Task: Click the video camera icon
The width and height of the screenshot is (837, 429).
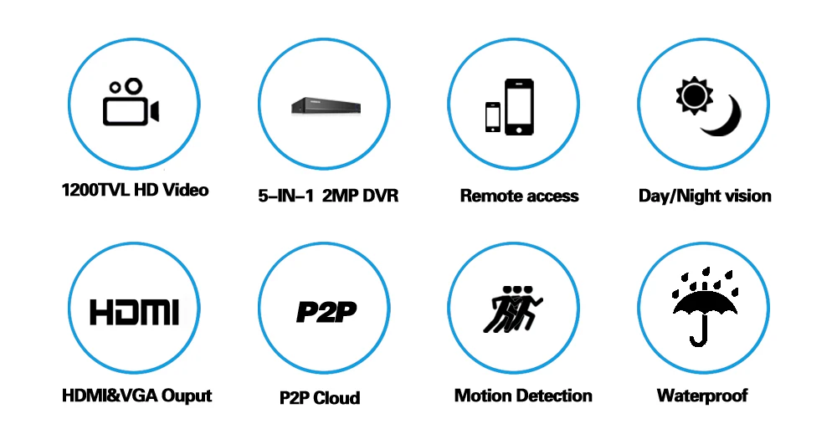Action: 131,103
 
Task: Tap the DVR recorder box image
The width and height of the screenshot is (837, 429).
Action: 326,105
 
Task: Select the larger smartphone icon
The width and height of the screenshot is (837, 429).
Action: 519,107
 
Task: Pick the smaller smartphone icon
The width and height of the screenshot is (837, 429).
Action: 493,117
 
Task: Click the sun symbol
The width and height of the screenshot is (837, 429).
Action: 694,95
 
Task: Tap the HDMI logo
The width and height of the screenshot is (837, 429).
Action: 134,312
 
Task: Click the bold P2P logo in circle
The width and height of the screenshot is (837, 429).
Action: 326,312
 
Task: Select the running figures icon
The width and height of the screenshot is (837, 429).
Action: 512,309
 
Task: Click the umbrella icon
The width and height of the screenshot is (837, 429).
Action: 705,307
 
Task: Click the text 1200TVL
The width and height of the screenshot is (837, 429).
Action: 95,190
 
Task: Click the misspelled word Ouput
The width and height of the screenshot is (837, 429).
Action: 187,396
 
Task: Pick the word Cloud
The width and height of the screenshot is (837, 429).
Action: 336,397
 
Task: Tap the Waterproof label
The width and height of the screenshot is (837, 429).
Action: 702,396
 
